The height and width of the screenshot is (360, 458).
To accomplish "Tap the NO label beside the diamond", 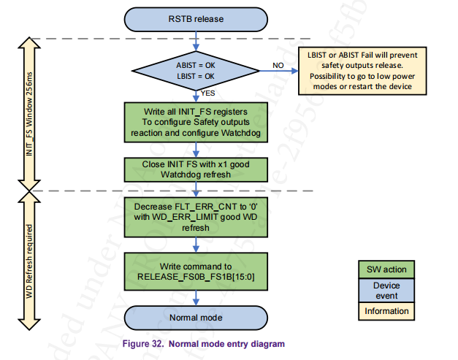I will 278,65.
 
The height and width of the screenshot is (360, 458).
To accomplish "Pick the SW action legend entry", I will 386,269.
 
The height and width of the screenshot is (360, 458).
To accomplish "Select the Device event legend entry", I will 386,291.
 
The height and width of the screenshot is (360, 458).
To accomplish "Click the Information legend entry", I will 386,311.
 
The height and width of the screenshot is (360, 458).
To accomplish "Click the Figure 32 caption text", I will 204,344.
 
